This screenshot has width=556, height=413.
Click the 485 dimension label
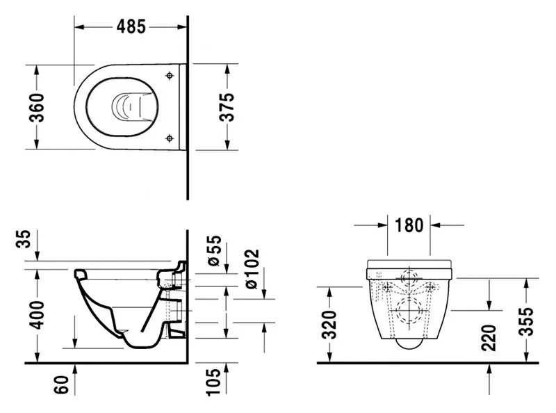(x=131, y=26)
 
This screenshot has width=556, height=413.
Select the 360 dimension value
(x=37, y=108)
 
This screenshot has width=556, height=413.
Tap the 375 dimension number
(x=227, y=107)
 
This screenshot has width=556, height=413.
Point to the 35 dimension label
(x=24, y=238)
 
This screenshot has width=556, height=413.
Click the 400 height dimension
(x=37, y=315)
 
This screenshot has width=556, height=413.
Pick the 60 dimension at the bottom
(x=61, y=384)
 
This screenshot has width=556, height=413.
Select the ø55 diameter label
(x=214, y=250)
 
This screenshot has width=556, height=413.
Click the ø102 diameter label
(x=252, y=269)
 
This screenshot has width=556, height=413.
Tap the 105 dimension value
(x=213, y=382)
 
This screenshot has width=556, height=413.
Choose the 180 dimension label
(x=409, y=225)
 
